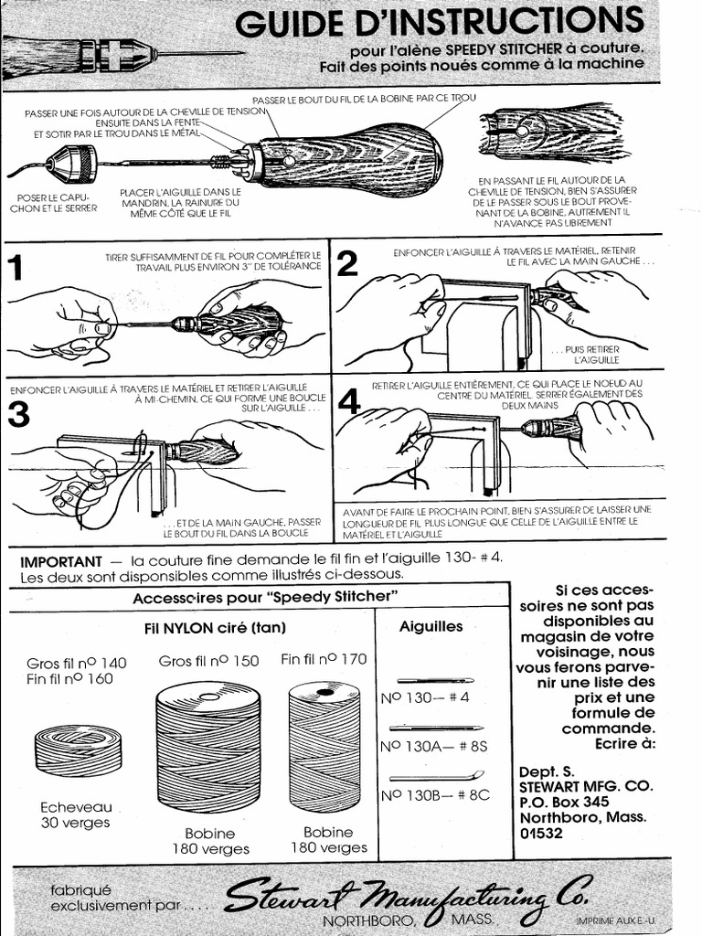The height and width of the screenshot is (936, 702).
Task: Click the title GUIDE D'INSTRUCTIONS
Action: coord(439,22)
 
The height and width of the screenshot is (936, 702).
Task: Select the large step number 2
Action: coord(347,264)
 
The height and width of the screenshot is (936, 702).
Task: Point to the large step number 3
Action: coord(18,414)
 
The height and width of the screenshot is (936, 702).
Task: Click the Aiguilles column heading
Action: coord(431,626)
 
